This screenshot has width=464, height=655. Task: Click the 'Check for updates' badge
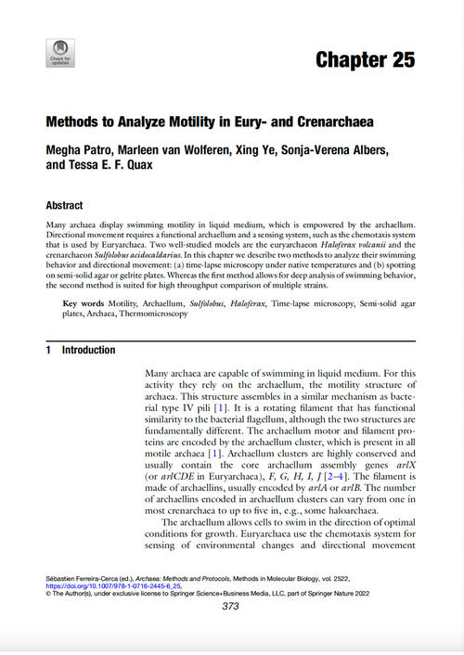pyautogui.click(x=60, y=53)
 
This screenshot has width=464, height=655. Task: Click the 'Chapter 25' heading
pyautogui.click(x=365, y=61)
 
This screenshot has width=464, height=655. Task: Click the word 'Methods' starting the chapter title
pyautogui.click(x=76, y=121)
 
